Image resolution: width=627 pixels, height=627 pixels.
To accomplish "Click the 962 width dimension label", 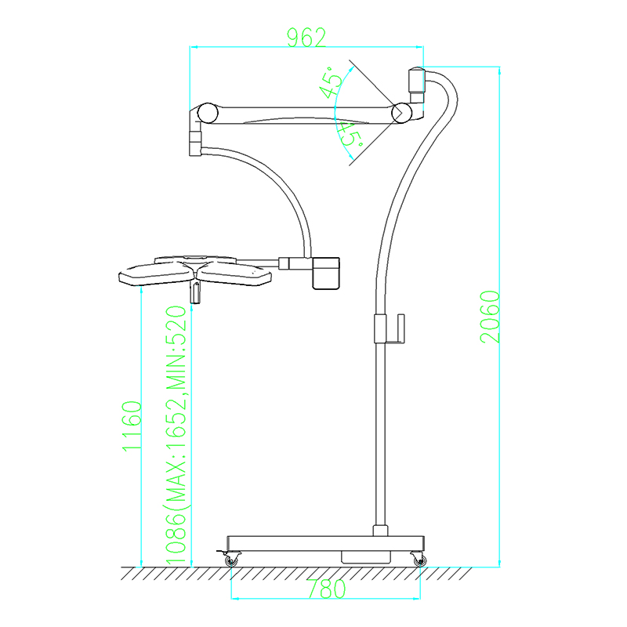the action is pyautogui.click(x=306, y=38).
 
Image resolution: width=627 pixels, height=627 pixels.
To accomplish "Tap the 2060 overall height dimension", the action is pyautogui.click(x=491, y=317).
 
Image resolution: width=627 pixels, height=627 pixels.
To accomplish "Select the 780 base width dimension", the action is pyautogui.click(x=327, y=589).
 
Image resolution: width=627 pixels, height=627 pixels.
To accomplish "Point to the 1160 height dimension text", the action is pyautogui.click(x=132, y=426).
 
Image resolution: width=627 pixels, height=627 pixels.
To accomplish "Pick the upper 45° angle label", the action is pyautogui.click(x=331, y=82).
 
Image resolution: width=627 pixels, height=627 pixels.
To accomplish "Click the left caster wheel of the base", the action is pyautogui.click(x=230, y=560).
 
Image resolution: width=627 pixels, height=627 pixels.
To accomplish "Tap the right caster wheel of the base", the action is pyautogui.click(x=419, y=560).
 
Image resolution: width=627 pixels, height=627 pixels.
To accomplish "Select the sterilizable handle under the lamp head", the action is pyautogui.click(x=195, y=292).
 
